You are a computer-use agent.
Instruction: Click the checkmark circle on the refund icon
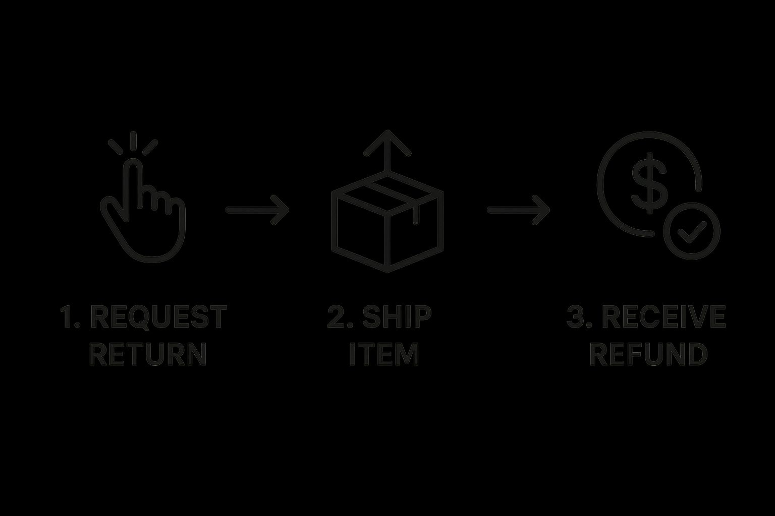(691, 231)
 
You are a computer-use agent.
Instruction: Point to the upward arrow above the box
(387, 149)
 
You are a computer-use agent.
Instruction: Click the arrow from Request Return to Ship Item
(257, 210)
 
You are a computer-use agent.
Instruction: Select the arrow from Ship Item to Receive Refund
(518, 210)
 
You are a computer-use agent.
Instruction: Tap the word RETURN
(148, 354)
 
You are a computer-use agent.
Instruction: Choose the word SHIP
(397, 317)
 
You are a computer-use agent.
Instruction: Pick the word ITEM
(384, 354)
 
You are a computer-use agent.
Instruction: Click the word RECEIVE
(663, 317)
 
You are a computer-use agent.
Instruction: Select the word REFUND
(648, 354)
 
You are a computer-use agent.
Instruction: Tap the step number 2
(337, 317)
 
